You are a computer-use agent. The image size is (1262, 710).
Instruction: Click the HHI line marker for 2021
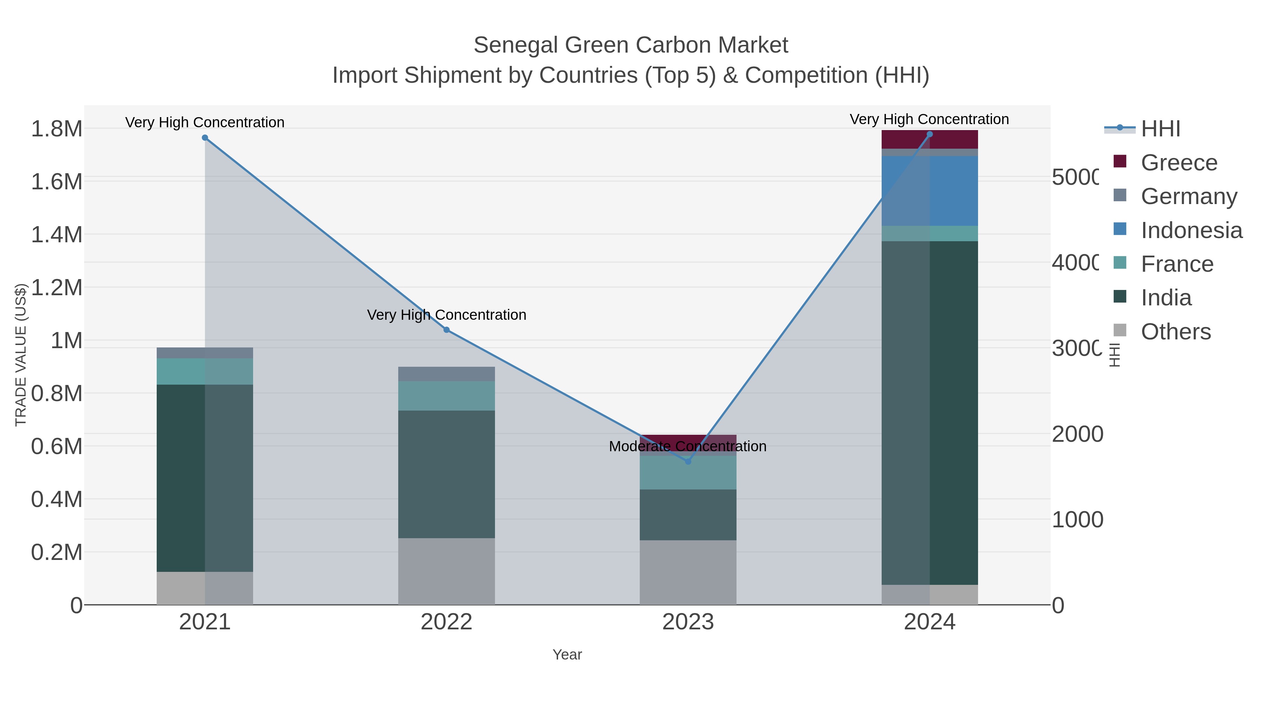205,138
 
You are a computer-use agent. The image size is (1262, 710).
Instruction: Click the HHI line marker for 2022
446,330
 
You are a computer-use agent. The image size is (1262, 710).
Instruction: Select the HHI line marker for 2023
688,461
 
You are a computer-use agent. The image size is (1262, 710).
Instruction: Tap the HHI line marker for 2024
929,134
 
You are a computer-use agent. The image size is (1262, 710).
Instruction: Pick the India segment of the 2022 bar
446,474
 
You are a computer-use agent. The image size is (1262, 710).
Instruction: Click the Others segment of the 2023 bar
688,572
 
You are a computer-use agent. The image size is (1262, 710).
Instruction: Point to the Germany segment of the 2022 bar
446,374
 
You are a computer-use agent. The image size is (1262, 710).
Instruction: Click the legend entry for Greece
1179,163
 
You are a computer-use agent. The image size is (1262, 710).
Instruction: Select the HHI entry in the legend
1160,129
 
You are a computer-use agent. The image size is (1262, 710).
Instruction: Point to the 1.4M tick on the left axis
56,235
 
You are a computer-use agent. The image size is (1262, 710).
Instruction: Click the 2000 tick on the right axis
1077,434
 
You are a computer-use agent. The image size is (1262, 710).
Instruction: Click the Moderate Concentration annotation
687,446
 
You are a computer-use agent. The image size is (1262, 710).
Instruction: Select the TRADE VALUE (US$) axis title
21,355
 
